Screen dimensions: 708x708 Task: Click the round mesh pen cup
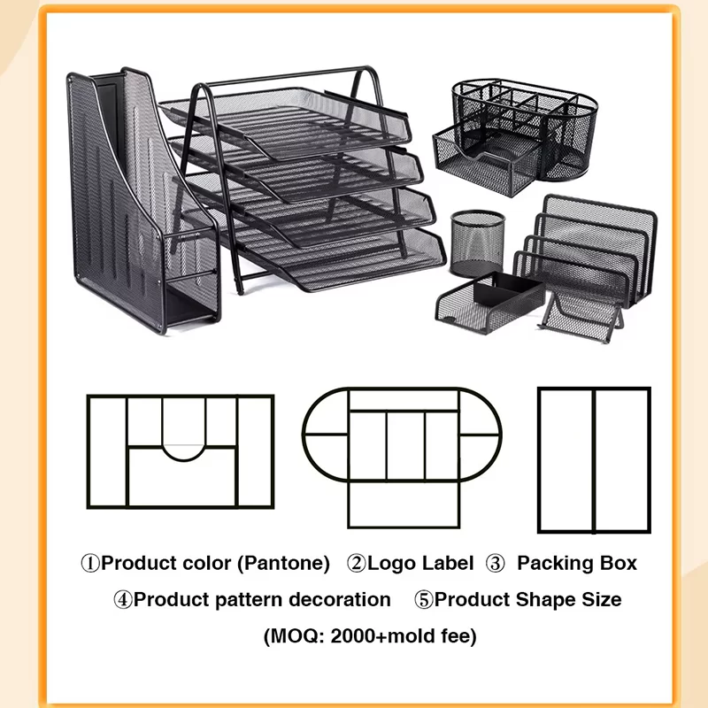[477, 242]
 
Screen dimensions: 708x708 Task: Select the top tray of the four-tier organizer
[285, 122]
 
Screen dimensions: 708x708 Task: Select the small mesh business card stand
[581, 316]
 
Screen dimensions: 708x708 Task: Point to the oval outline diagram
[402, 435]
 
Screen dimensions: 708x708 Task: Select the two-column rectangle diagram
[594, 459]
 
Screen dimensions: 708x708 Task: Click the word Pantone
[283, 563]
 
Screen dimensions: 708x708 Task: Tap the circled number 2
[357, 564]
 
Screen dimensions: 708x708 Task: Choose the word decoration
[340, 600]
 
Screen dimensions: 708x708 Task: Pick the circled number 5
[424, 600]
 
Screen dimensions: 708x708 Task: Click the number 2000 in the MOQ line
[353, 636]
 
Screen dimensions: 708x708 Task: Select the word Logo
[388, 564]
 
